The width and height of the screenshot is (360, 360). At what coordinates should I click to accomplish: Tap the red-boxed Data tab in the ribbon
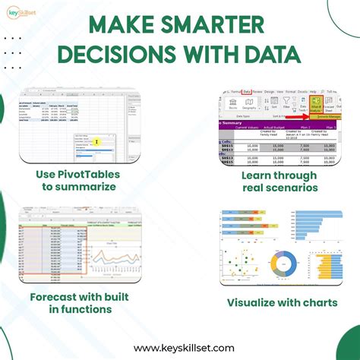pos(248,91)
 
